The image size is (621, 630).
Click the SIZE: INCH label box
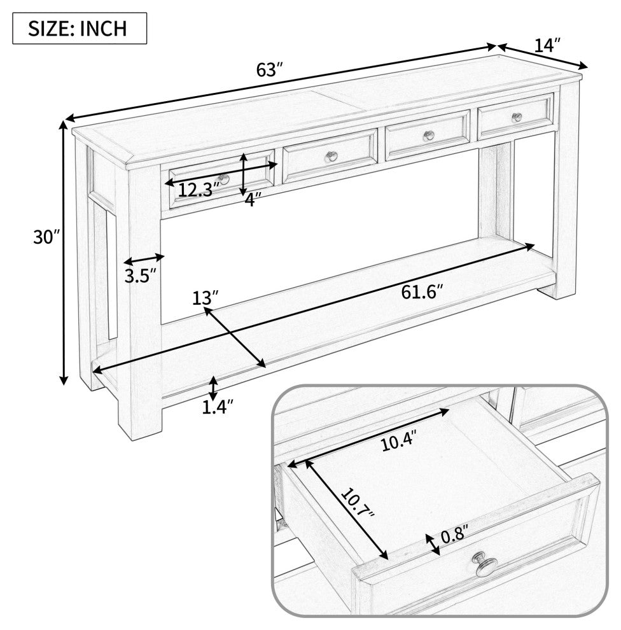80,28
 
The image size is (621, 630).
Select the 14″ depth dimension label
547,45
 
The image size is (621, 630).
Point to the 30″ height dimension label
46,237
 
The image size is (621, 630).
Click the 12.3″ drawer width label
199,190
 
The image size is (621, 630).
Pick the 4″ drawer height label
253,199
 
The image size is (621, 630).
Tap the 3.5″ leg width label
140,276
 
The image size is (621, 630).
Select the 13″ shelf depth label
206,298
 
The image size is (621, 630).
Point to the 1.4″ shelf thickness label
218,407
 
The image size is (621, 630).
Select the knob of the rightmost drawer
517,117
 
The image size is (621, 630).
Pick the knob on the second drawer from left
331,157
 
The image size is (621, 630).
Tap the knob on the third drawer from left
429,136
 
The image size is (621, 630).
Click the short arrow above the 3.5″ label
144,259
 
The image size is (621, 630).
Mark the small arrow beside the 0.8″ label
433,545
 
